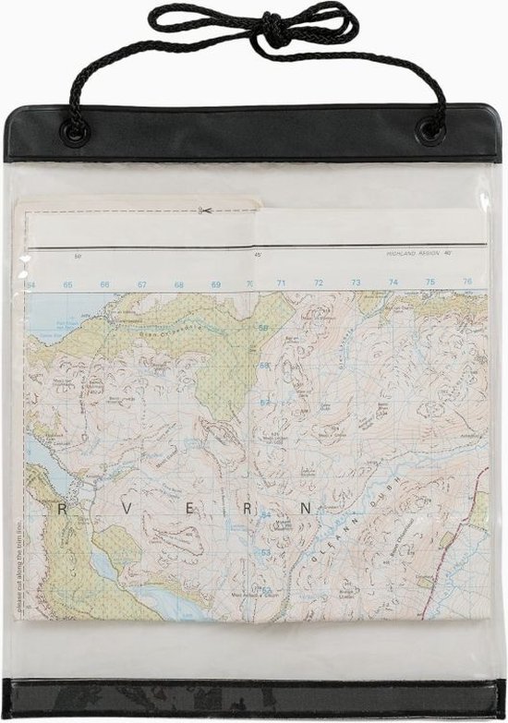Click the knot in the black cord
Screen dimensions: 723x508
(x=274, y=30)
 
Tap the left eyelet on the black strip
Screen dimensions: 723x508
(x=75, y=132)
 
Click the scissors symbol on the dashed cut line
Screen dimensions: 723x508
(x=205, y=211)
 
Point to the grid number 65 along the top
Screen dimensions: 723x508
(x=67, y=284)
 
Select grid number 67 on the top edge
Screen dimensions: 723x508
(x=141, y=284)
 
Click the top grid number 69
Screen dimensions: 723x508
(x=215, y=284)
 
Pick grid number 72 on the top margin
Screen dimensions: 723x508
(x=319, y=283)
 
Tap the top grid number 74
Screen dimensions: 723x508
(x=393, y=282)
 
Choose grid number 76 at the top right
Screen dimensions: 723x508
(x=467, y=281)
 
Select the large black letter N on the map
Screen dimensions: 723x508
(x=306, y=509)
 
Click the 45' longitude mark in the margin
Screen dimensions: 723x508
(x=259, y=254)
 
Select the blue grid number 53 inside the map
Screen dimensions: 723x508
(x=266, y=552)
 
